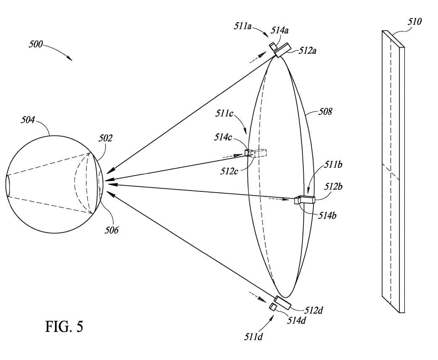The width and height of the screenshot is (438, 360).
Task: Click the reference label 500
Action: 36,44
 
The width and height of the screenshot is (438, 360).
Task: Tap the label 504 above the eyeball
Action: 28,120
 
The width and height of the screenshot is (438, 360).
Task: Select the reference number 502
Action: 105,138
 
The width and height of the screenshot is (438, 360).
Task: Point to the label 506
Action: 112,230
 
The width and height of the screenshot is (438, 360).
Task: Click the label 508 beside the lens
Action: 325,112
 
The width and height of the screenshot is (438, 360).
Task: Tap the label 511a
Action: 243,26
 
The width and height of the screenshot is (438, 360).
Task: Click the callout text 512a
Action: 308,50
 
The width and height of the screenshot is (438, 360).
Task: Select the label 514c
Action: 223,137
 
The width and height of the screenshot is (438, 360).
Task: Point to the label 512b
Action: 333,186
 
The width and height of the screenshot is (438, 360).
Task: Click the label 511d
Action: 253,337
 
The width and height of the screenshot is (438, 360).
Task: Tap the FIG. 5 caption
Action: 64,326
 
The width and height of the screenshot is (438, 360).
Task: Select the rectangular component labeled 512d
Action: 282,303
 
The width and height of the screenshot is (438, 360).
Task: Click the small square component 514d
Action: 273,307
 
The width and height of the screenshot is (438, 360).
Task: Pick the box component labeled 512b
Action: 306,200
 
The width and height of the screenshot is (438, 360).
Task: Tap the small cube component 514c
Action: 248,153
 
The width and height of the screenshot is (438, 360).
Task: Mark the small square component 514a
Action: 273,45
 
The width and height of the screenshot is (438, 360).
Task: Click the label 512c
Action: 229,171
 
